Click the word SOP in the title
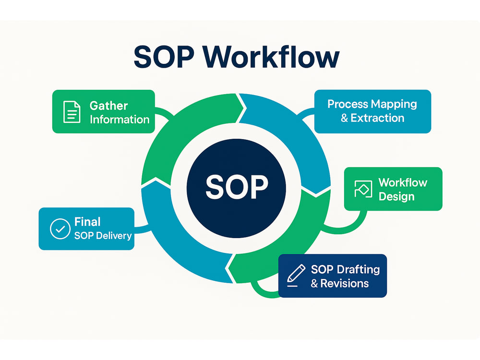tap(164, 57)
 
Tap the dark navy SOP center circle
tap(236, 188)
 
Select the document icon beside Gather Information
tap(72, 112)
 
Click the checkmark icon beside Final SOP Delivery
tap(60, 228)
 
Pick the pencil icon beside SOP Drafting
tap(296, 276)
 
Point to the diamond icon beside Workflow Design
tap(363, 189)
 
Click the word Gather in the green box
tap(108, 106)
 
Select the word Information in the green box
tap(120, 120)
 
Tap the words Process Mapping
tap(372, 104)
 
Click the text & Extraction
tap(372, 118)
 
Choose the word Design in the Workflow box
tap(396, 196)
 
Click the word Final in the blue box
tap(87, 222)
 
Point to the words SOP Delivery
tap(103, 236)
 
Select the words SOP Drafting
tap(345, 269)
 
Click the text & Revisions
tap(340, 284)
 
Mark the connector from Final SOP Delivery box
tap(143, 229)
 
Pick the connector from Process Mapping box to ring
tap(305, 114)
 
